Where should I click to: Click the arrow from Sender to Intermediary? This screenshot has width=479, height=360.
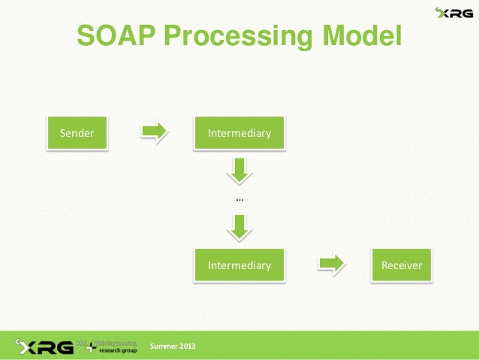tap(154, 132)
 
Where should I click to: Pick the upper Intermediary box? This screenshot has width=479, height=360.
tap(239, 134)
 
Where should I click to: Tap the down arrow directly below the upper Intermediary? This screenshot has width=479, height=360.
tap(239, 171)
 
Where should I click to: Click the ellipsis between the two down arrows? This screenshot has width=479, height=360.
tap(239, 199)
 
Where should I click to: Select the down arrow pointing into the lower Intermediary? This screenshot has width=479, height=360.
tap(239, 227)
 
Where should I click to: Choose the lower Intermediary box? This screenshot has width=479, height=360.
tap(239, 265)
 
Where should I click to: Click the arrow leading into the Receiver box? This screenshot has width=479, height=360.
tap(331, 263)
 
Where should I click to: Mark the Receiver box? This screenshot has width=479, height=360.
tap(402, 265)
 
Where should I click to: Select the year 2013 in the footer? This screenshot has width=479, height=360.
tap(188, 346)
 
